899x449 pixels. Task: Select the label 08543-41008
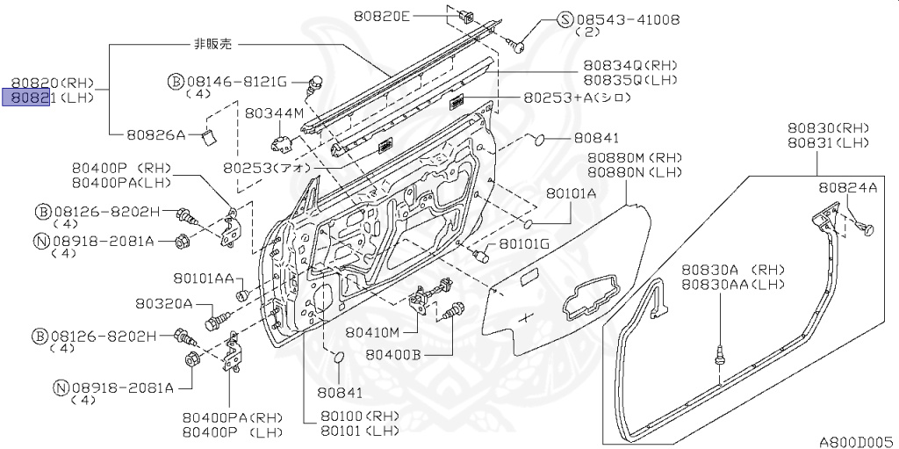click(x=626, y=18)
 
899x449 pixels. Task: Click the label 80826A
click(x=155, y=134)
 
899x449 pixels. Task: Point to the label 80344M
click(x=274, y=113)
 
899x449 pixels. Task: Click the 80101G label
click(x=524, y=243)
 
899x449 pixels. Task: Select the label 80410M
click(x=372, y=332)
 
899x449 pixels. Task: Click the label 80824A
click(x=847, y=187)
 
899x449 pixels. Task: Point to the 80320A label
click(x=163, y=303)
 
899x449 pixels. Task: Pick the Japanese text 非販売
click(x=213, y=43)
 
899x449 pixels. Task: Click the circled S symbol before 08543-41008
click(x=565, y=19)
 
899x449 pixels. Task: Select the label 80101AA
click(x=203, y=279)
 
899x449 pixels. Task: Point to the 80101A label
click(x=571, y=192)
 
